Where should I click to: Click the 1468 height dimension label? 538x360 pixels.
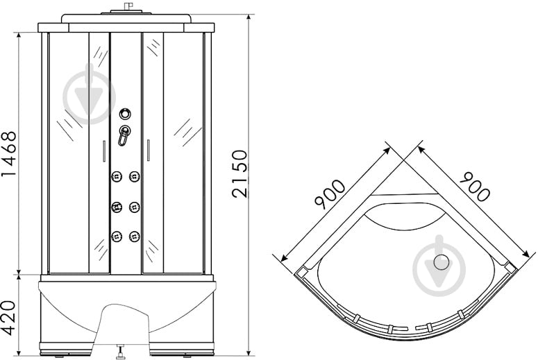(x=9, y=153)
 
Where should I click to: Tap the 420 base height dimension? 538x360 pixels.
(x=9, y=318)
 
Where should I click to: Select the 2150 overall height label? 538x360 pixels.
(x=239, y=173)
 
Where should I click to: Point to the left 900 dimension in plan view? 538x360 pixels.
(x=330, y=194)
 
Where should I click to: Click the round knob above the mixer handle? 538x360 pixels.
(x=125, y=114)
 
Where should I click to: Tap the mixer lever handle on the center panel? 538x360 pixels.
(x=124, y=135)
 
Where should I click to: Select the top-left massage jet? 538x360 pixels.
(x=117, y=177)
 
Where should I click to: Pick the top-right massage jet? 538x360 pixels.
(x=135, y=177)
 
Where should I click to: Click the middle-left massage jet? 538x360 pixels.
(x=117, y=207)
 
